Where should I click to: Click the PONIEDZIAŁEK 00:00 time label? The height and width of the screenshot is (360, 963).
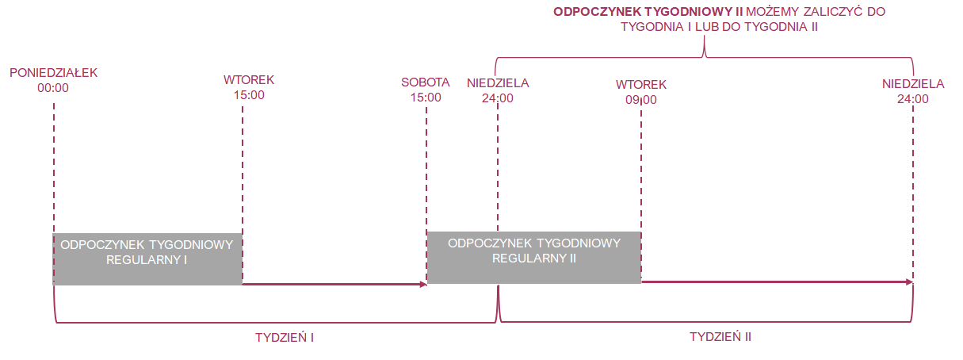click(x=53, y=80)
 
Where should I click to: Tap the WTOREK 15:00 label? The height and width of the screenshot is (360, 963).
click(x=249, y=87)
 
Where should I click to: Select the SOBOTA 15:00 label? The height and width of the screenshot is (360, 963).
click(x=425, y=90)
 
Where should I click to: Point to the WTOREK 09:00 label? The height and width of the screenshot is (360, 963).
click(x=641, y=92)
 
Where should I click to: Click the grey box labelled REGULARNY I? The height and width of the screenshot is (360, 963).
click(x=147, y=259)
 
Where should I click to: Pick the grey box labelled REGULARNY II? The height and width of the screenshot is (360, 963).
click(x=534, y=257)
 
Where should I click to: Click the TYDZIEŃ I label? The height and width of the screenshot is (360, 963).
click(x=285, y=338)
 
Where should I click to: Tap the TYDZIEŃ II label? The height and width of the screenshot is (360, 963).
click(x=720, y=337)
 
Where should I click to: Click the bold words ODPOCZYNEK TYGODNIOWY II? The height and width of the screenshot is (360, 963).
click(x=648, y=12)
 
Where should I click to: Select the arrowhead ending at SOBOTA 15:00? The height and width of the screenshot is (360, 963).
click(x=423, y=285)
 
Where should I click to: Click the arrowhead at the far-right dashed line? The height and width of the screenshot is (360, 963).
click(x=909, y=282)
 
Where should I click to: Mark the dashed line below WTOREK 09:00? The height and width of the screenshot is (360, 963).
click(x=641, y=166)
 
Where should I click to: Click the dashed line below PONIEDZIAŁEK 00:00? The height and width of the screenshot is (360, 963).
click(x=54, y=168)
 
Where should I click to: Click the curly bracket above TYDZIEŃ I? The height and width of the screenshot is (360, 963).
click(x=275, y=322)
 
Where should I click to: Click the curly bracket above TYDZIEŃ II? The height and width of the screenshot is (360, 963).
click(x=705, y=321)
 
